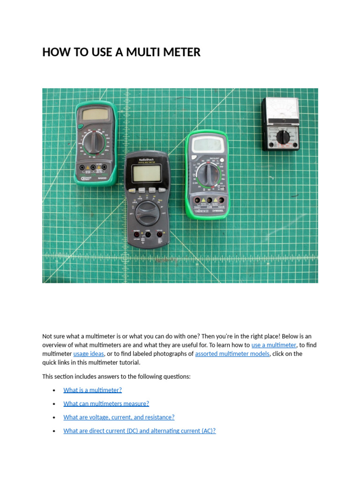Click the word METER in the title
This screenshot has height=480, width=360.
click(x=181, y=52)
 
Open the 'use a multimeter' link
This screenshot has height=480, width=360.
click(x=274, y=345)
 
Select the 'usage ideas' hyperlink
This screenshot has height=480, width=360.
click(x=89, y=354)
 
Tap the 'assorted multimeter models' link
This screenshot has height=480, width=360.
click(x=232, y=354)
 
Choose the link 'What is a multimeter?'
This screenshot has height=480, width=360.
click(x=92, y=390)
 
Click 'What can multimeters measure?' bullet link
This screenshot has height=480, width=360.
click(x=106, y=404)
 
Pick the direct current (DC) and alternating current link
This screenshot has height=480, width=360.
click(x=139, y=431)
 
